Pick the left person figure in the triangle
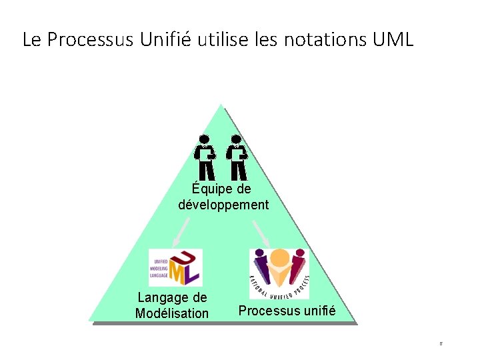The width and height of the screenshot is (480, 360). [x=204, y=157]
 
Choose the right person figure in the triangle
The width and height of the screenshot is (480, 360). [x=237, y=157]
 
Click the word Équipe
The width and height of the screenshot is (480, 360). [x=213, y=189]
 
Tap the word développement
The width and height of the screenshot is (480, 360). [x=223, y=205]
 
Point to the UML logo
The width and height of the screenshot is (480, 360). [x=175, y=267]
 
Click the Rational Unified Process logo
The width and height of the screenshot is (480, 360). [x=279, y=273]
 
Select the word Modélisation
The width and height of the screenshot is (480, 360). [x=172, y=313]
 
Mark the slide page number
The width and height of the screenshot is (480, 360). [x=441, y=344]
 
